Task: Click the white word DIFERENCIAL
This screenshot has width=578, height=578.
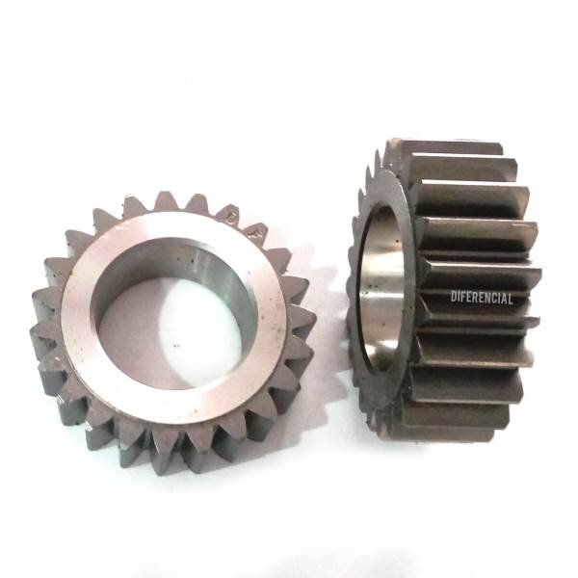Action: [482, 298]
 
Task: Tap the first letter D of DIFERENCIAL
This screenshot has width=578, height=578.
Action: [454, 297]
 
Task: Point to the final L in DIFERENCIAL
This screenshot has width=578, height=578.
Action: [511, 299]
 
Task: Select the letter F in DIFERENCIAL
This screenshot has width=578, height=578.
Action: [462, 297]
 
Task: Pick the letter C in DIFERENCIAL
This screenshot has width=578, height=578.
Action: [494, 299]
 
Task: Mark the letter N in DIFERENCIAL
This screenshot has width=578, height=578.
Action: [487, 298]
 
